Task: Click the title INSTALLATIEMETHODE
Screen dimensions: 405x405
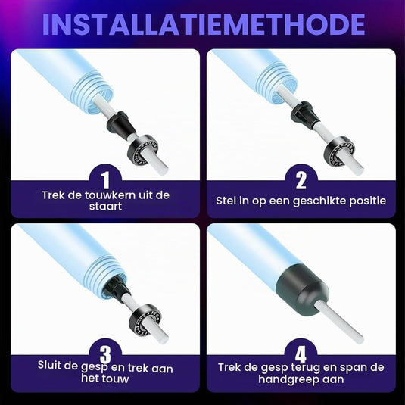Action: pos(204,24)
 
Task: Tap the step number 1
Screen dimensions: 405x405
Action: pos(105,180)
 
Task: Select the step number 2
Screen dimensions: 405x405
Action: pos(301,180)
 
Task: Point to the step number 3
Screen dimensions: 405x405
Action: pos(105,354)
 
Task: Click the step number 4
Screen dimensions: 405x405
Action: pos(301,354)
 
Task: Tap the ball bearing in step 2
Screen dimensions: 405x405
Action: pos(339,151)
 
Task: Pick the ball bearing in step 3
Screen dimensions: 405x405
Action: pos(145,319)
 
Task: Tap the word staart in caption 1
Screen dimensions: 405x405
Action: pos(105,207)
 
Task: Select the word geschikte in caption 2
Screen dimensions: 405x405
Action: pos(319,201)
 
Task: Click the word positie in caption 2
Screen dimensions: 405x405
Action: pos(368,201)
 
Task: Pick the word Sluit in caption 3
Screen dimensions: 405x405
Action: pos(48,365)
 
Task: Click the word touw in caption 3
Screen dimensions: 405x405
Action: pos(116,379)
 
